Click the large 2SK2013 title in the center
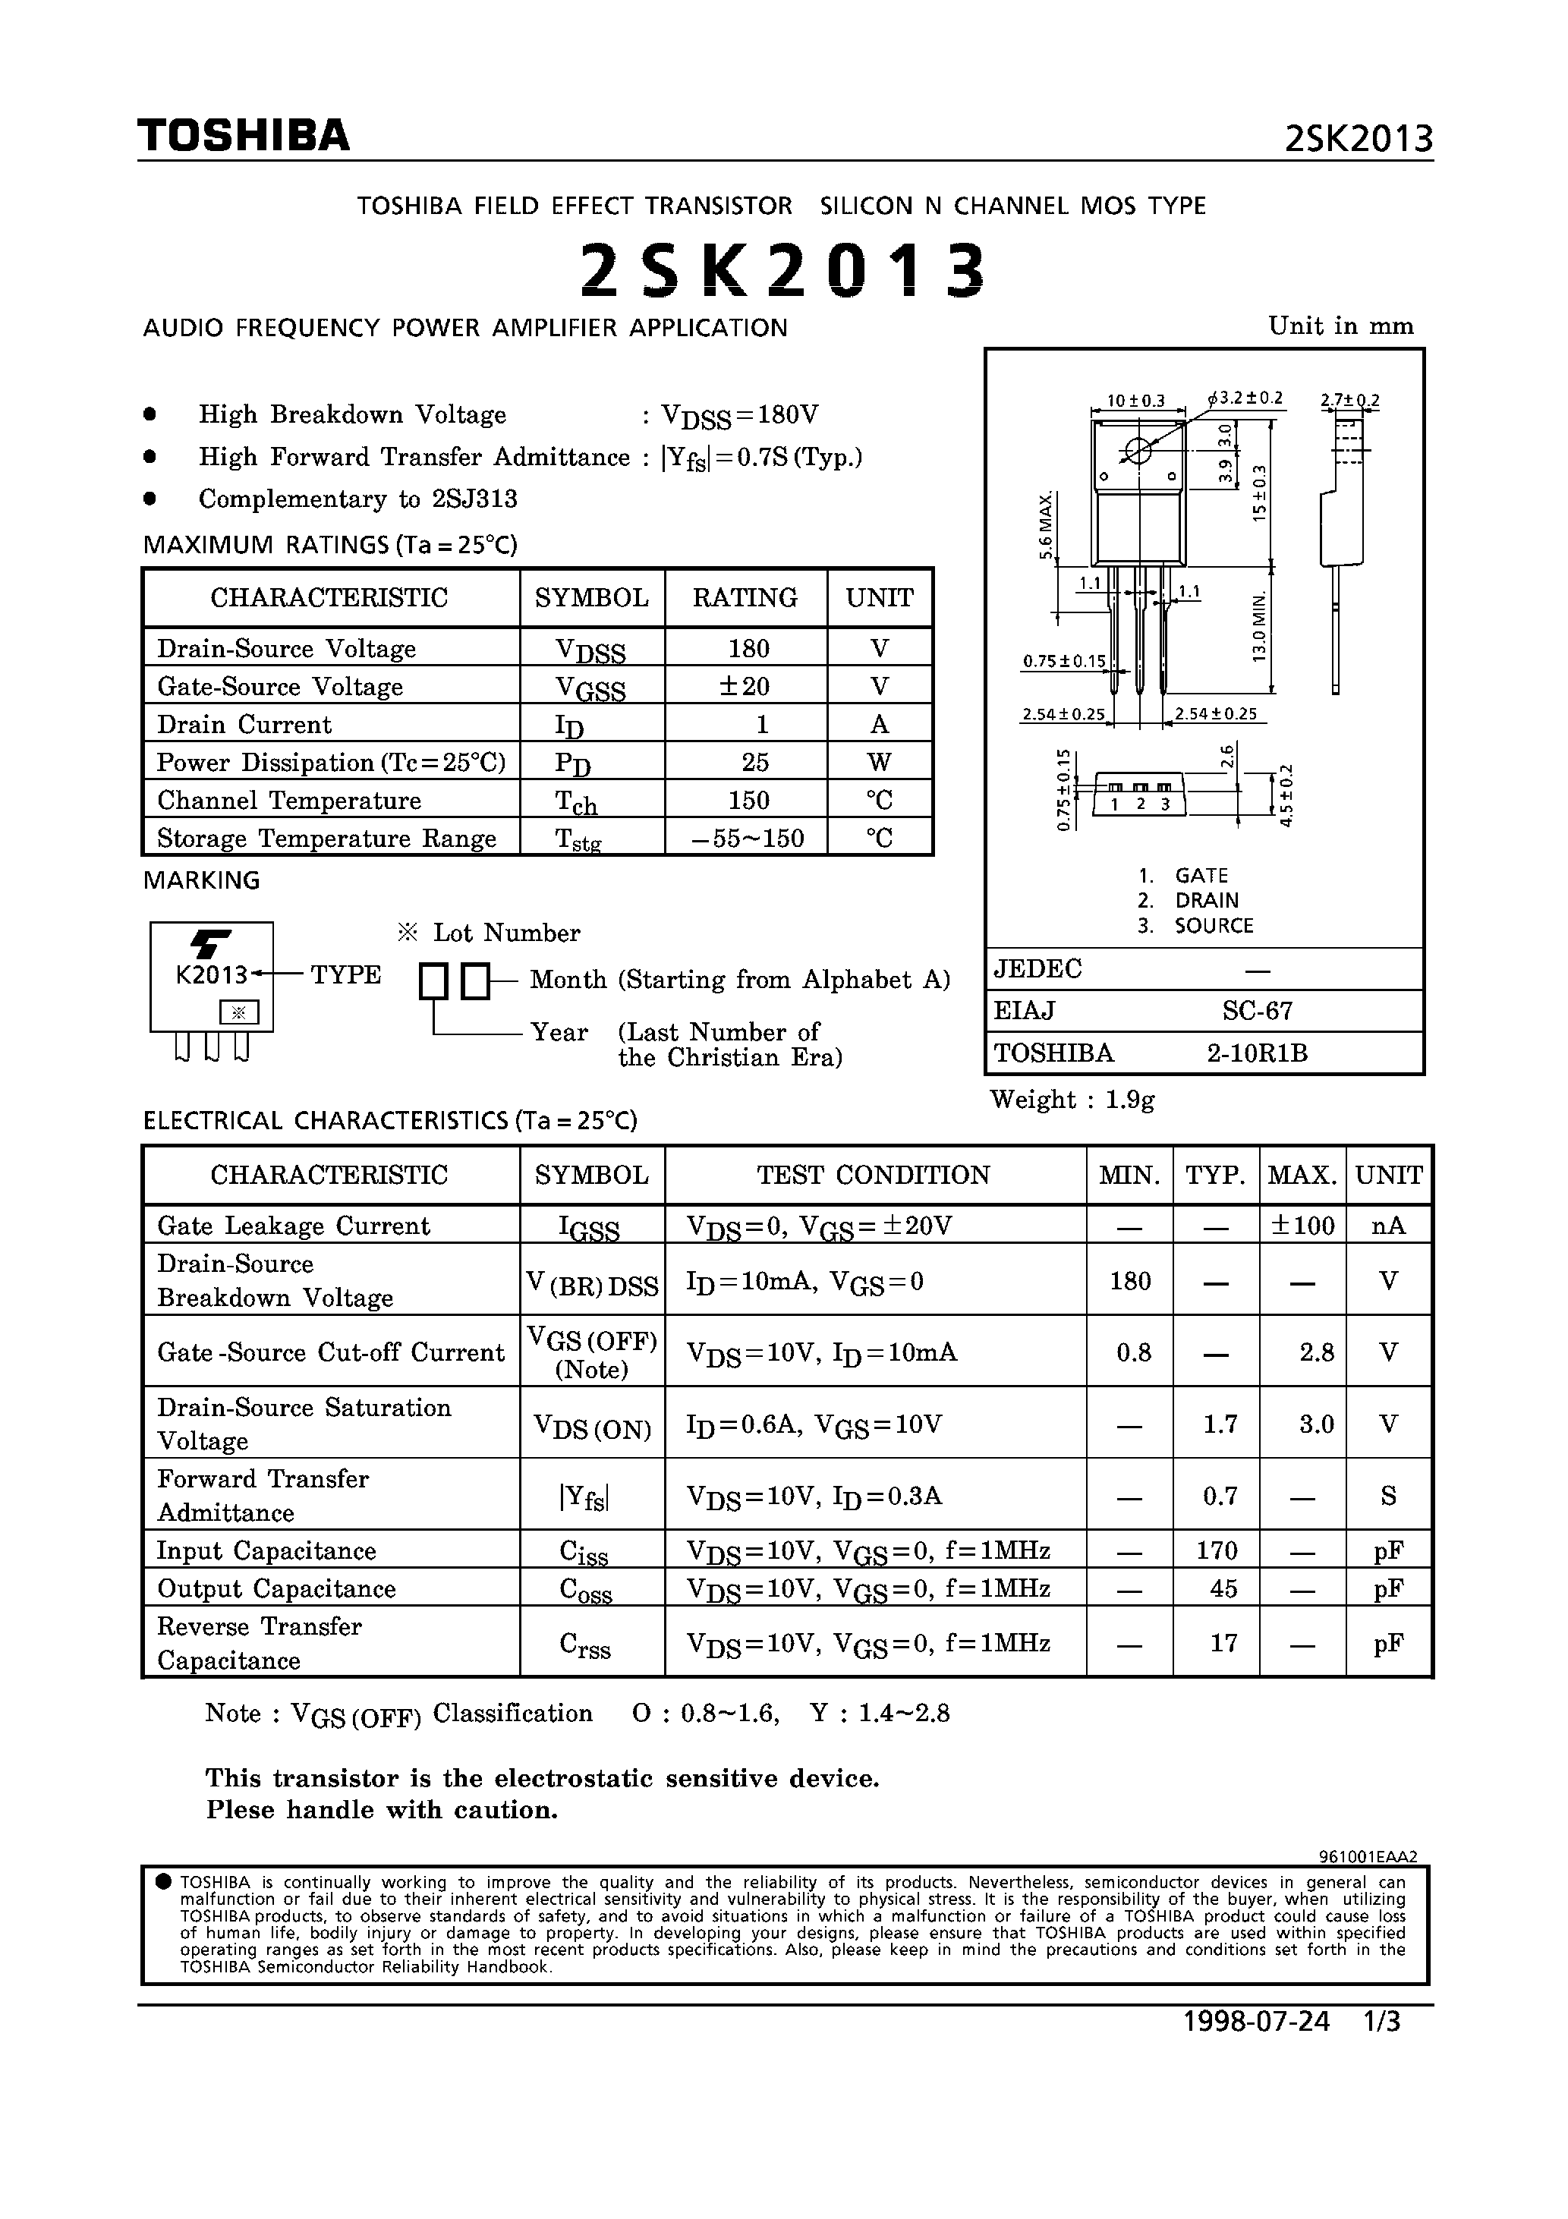783,269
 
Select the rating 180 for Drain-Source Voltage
748,649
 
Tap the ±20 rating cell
745,686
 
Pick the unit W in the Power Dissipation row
879,762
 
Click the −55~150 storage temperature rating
748,838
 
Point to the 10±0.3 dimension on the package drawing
1136,400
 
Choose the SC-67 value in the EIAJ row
1257,1011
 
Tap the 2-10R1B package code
1257,1053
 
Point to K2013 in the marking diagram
211,974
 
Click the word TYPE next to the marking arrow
345,974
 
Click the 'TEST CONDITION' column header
873,1176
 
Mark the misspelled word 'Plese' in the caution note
237,1810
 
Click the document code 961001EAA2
1367,1856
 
